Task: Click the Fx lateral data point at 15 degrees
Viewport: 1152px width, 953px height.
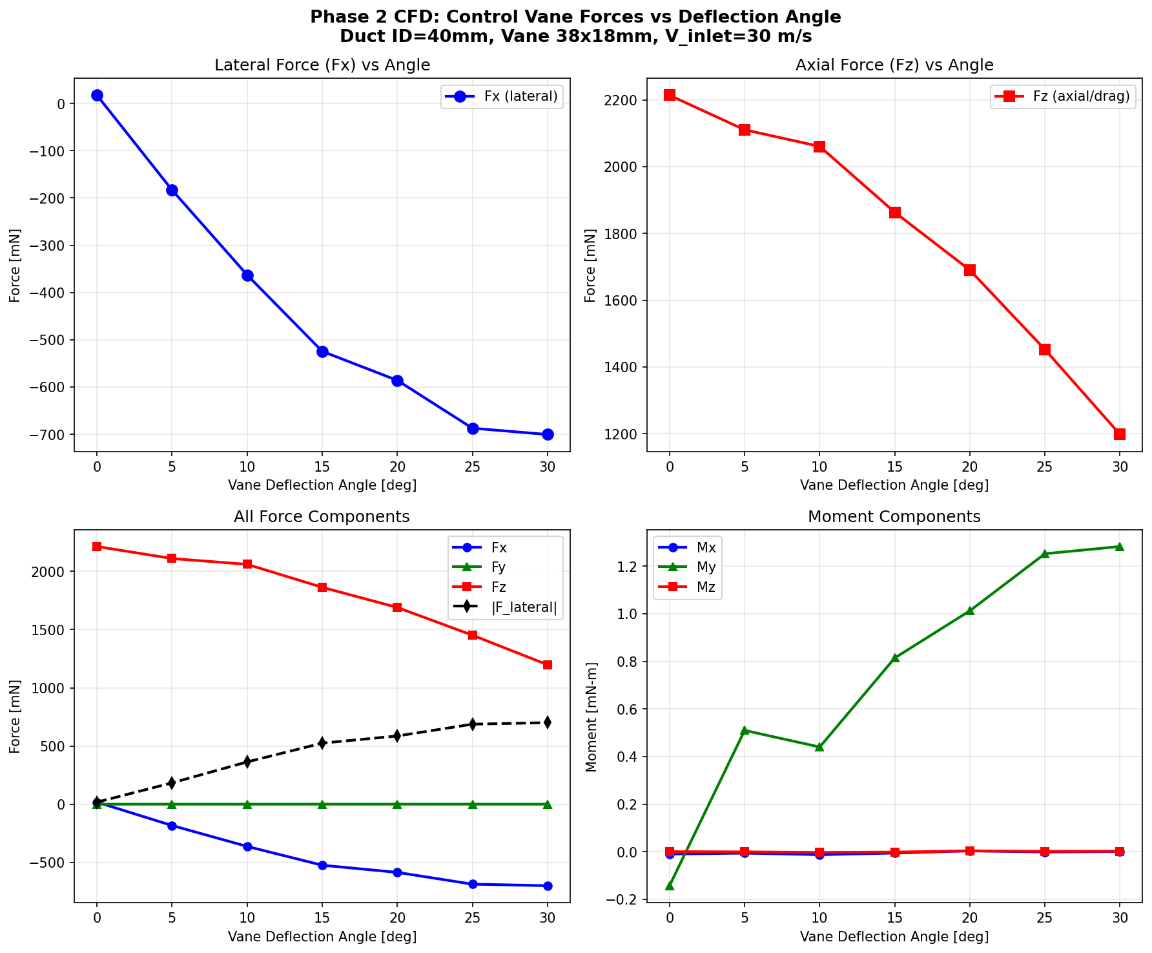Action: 322,351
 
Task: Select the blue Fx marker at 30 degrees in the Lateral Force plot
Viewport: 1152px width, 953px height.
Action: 548,434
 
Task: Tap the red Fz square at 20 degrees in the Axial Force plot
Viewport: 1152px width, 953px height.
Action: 970,270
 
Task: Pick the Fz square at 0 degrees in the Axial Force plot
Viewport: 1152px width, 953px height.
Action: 670,95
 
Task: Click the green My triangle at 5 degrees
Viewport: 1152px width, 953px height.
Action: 745,730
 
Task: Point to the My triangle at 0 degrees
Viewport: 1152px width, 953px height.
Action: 670,886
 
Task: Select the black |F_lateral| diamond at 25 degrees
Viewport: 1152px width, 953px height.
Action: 473,724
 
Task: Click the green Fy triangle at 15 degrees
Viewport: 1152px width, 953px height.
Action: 322,804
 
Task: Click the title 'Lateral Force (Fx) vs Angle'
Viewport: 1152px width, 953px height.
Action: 322,65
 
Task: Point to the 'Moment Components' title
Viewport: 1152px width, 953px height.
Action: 894,517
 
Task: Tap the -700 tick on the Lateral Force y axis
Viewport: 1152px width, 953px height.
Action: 50,435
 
